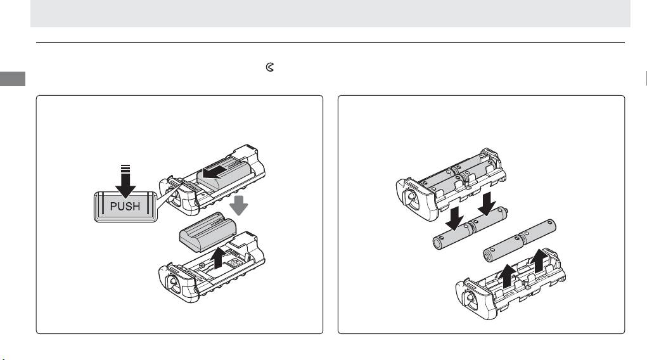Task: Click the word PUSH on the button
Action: click(x=125, y=206)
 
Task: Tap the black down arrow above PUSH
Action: click(x=125, y=181)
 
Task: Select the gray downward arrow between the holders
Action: click(x=238, y=205)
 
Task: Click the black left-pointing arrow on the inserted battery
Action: click(x=215, y=172)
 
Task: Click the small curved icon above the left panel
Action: click(x=270, y=67)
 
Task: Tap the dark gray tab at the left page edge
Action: click(x=13, y=79)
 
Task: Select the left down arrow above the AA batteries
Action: click(x=455, y=217)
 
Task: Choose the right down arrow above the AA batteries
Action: click(x=487, y=203)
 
